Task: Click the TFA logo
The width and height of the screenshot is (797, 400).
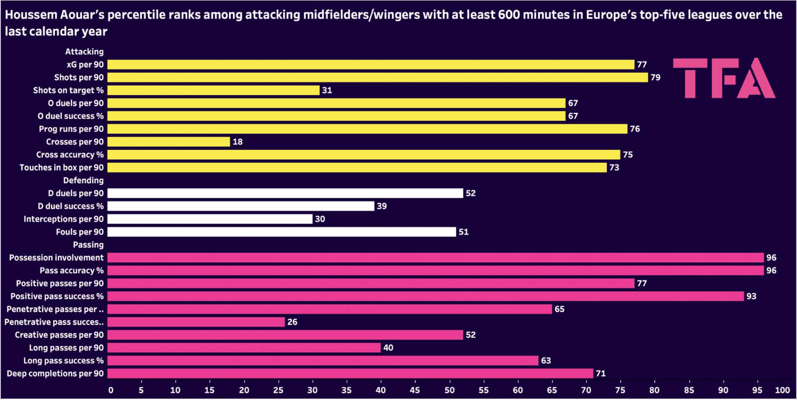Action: (x=724, y=78)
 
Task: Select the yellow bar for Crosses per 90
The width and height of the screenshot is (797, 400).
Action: (x=168, y=142)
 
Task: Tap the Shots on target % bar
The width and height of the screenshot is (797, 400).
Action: (x=213, y=90)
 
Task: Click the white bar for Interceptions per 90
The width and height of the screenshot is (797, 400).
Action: (x=210, y=219)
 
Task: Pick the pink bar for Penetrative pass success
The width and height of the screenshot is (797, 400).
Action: (x=196, y=322)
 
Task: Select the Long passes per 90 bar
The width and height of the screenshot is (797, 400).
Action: (x=244, y=348)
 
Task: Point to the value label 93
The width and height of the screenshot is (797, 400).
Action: (x=751, y=296)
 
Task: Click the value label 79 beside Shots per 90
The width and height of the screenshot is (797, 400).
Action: (x=655, y=78)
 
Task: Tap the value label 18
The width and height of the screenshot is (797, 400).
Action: (x=237, y=142)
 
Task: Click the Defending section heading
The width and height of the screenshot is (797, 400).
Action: (x=83, y=180)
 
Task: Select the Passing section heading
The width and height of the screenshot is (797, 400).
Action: (x=88, y=245)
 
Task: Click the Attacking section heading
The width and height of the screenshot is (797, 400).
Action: (x=84, y=51)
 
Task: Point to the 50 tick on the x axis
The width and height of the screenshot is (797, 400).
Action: (x=449, y=390)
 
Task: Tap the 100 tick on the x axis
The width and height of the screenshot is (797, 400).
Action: (x=782, y=390)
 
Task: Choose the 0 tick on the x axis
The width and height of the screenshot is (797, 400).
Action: (x=111, y=390)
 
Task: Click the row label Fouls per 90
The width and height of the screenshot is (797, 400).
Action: (x=80, y=232)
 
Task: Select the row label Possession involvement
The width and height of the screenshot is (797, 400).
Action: (x=56, y=258)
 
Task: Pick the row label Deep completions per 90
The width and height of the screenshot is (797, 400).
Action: (x=55, y=373)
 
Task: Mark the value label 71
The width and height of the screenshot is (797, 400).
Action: (x=600, y=373)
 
